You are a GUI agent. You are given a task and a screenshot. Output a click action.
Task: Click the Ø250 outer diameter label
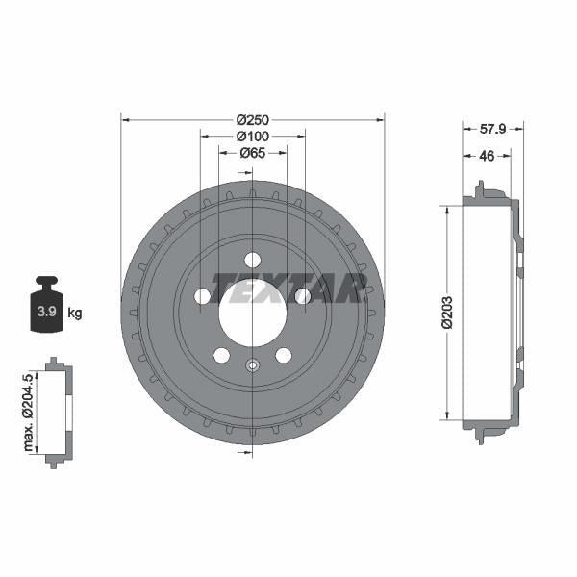coord(252,119)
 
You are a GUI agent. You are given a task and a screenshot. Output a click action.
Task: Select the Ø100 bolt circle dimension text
coord(252,136)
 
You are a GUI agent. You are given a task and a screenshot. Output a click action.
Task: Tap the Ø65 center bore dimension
coord(252,152)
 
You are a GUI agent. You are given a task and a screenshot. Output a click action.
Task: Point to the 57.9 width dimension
coord(491,127)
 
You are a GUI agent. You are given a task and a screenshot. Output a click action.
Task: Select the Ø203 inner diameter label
coord(447,313)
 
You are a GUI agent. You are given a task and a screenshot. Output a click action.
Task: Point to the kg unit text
coord(75,313)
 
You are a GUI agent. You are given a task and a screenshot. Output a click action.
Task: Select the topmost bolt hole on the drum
coord(252,260)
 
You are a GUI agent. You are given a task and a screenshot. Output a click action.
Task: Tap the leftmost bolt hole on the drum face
coord(202,296)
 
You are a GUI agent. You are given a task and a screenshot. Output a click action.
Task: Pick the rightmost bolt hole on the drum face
coord(302,296)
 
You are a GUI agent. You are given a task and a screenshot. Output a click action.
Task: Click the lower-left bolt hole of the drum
coord(221,355)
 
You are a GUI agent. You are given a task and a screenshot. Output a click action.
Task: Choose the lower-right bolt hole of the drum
coord(283,355)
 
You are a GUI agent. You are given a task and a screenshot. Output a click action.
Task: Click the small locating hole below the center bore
coord(252,364)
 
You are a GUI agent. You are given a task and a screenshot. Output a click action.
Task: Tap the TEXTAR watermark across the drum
coord(288,287)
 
